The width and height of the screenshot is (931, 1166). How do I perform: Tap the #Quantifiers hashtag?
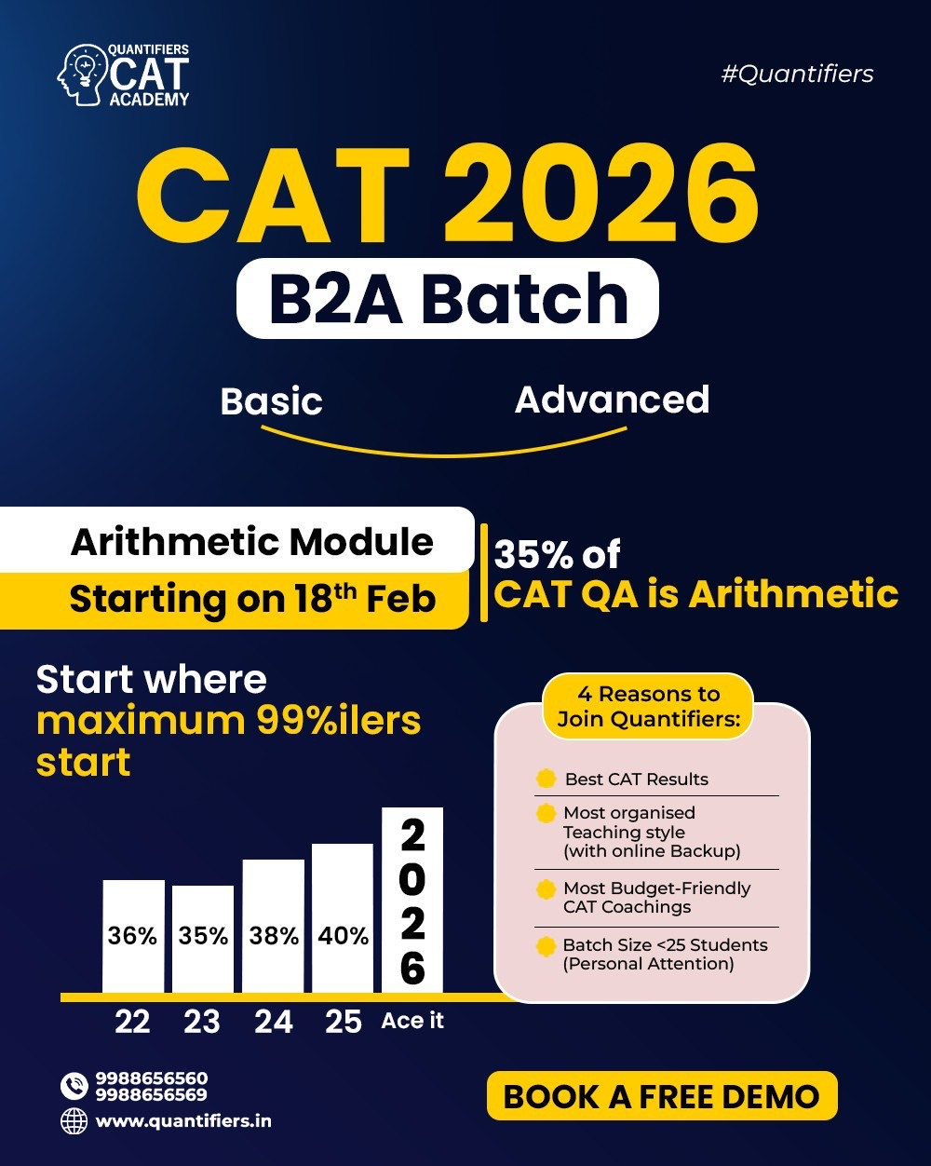797,75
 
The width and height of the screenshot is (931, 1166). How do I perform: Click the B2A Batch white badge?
448,298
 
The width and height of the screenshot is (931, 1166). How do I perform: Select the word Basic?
271,401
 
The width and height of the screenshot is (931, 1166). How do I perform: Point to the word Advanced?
612,400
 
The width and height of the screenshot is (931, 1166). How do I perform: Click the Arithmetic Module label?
251,542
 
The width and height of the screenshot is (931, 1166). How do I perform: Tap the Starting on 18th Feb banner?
251,599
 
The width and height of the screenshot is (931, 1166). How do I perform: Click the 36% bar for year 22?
133,936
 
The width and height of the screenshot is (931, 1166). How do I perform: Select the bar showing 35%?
203,939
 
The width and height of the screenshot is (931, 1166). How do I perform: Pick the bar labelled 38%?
274,927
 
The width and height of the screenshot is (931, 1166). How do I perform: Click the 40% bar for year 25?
343,918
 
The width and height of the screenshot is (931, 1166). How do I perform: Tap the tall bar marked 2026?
412,900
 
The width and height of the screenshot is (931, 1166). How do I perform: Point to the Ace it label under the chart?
412,1021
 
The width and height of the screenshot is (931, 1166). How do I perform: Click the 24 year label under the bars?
274,1022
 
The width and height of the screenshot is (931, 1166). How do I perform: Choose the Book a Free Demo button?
661,1096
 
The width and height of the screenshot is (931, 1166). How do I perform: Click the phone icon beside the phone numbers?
74,1086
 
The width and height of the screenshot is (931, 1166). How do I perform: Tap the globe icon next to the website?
74,1121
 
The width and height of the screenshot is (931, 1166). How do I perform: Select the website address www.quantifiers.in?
183,1121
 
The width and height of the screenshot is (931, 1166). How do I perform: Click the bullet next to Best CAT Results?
546,779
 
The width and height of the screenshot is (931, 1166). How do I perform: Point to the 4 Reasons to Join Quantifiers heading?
650,707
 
